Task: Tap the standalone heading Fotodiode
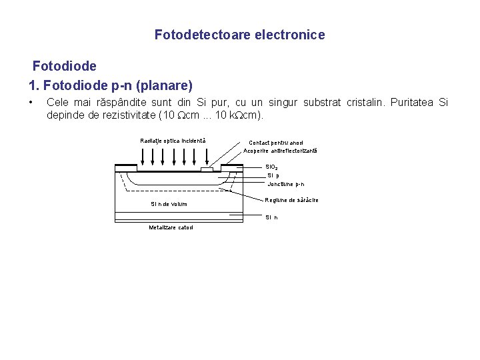coord(65,67)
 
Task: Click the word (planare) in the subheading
coord(166,85)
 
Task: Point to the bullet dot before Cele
coord(31,103)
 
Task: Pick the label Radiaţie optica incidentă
coord(173,140)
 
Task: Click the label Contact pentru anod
coord(275,143)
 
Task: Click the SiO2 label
coord(272,167)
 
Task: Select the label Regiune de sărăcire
coord(291,200)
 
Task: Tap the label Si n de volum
coord(169,204)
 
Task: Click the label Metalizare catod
coord(171,227)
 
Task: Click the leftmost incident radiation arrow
coord(142,156)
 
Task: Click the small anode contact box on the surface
coord(207,169)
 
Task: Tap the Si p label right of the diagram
coord(273,175)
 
